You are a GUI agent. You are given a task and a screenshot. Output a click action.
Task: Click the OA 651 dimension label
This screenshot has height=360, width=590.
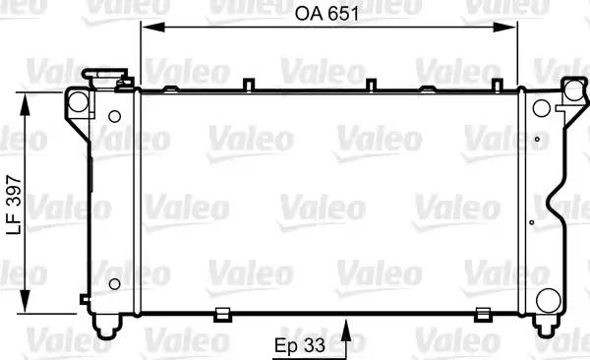tap(326, 14)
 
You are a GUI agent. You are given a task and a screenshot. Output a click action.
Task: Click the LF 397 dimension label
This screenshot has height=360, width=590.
tap(15, 205)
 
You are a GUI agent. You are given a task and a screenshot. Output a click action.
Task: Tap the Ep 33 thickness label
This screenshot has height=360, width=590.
tap(300, 345)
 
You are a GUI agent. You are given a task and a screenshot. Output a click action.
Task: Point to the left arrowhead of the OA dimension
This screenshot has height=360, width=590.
tap(152, 28)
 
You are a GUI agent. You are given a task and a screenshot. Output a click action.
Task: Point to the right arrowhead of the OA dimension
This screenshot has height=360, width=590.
tap(505, 28)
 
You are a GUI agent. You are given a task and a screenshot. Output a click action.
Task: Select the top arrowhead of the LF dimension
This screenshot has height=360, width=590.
tap(25, 104)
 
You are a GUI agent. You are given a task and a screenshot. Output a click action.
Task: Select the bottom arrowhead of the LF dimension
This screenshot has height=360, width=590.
tap(25, 301)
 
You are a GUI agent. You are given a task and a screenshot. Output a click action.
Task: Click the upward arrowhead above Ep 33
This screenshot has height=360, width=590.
tap(346, 330)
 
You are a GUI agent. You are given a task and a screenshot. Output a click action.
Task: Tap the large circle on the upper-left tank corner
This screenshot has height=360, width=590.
tap(79, 101)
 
